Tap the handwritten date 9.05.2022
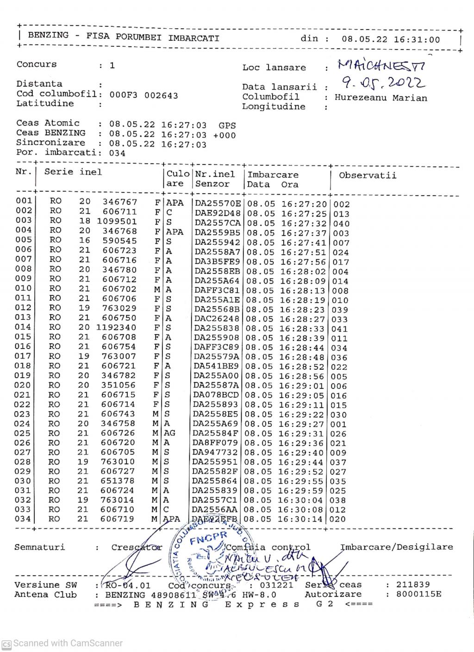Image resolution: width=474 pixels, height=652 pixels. click(x=384, y=83)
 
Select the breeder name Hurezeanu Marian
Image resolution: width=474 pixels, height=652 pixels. click(x=380, y=98)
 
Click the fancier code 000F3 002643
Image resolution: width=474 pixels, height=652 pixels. click(x=143, y=95)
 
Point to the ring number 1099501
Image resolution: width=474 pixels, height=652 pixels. click(x=117, y=221)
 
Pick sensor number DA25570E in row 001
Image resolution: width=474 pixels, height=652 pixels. click(x=218, y=203)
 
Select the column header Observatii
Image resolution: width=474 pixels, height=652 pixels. click(x=368, y=175)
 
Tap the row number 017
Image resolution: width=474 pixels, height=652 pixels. click(x=23, y=356)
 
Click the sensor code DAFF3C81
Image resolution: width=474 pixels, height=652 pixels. click(x=217, y=291)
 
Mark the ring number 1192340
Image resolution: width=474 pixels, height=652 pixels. click(x=117, y=327)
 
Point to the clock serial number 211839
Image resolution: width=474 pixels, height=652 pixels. click(x=413, y=585)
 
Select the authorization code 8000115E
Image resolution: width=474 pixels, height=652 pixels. click(x=418, y=594)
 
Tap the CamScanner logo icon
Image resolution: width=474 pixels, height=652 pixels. click(x=6, y=644)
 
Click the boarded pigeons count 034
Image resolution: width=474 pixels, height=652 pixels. click(x=117, y=153)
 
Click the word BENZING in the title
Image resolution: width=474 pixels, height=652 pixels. click(x=48, y=36)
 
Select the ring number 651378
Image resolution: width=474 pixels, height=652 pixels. click(x=118, y=481)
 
